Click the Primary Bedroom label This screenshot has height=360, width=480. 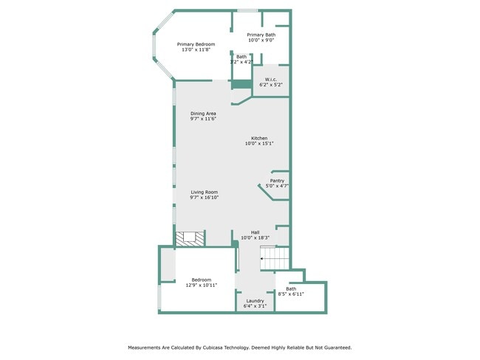[x=196, y=44]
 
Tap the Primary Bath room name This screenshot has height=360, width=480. [x=261, y=35]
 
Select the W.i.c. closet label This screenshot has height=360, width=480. [x=271, y=80]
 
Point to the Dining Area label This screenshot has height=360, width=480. [x=203, y=114]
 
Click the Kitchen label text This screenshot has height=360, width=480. [x=259, y=138]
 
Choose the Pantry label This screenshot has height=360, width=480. [x=277, y=181]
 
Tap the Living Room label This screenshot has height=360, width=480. [x=205, y=192]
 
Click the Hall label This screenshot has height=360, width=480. [x=255, y=232]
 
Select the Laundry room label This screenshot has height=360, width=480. [x=255, y=301]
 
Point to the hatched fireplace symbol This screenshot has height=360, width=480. [x=190, y=238]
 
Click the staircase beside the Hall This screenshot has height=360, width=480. [x=275, y=258]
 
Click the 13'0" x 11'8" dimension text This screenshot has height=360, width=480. [x=196, y=49]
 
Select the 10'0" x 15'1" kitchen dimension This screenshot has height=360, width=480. [x=259, y=143]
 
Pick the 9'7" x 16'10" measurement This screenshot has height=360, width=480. [x=205, y=198]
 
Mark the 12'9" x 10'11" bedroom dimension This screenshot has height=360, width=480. [x=202, y=285]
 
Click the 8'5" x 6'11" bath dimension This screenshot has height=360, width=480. [x=291, y=294]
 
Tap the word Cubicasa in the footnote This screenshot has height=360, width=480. [x=213, y=347]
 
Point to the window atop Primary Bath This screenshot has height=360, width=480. [x=247, y=11]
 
